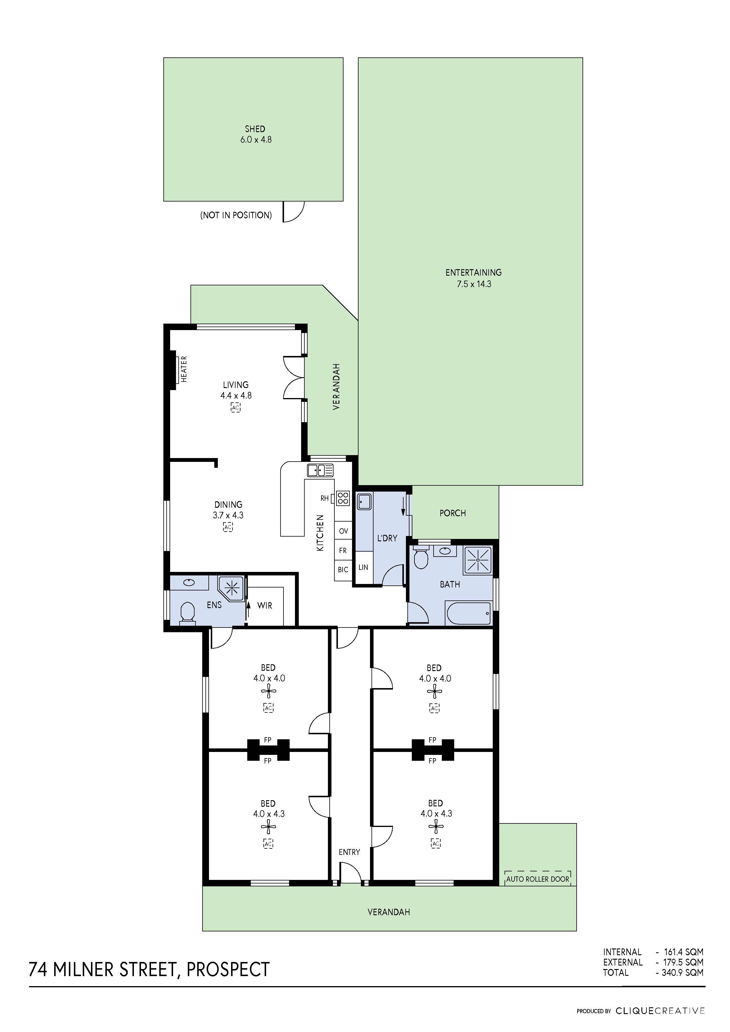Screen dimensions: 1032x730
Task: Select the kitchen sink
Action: (320, 471)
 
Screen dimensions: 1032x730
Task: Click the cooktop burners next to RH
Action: (343, 498)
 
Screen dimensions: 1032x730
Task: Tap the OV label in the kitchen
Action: (343, 531)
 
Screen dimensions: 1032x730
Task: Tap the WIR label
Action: (264, 605)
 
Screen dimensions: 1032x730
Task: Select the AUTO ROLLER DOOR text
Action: (537, 879)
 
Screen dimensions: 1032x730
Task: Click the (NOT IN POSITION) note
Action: (236, 215)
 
